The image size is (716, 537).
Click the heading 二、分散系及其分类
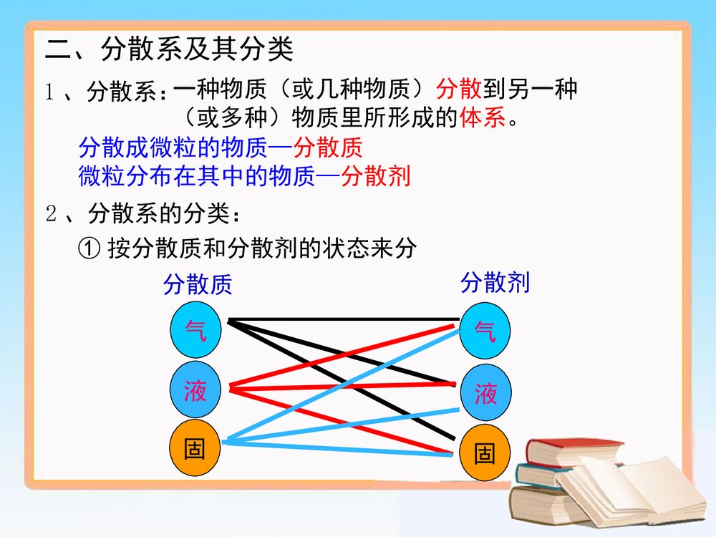[x=169, y=50]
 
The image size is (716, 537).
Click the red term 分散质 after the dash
[x=327, y=148]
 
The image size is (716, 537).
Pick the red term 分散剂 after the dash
[x=375, y=176]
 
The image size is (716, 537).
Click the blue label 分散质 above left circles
[x=198, y=284]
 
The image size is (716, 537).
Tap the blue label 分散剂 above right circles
[x=495, y=283]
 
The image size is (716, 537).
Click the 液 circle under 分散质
[x=195, y=391]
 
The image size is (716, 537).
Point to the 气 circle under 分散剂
[x=485, y=332]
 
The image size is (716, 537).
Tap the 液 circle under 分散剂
[x=485, y=393]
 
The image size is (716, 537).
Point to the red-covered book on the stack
[x=573, y=451]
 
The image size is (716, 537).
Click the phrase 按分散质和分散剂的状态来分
[x=262, y=249]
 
